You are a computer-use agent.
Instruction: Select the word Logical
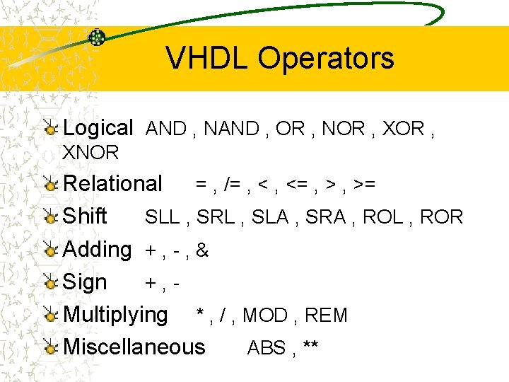coord(98,128)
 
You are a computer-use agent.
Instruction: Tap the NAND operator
coord(230,129)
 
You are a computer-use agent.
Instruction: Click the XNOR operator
coord(91,153)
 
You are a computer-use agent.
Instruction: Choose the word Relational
coord(112,184)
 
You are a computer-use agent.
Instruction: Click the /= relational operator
coord(231,185)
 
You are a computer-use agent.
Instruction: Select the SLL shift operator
coord(162,217)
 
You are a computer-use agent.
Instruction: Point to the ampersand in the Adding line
coord(203,250)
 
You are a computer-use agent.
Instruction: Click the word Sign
coord(85,282)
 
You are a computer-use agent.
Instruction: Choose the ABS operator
coord(266,348)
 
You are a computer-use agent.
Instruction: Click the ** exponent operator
coord(310,347)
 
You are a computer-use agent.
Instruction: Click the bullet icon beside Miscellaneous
coord(50,347)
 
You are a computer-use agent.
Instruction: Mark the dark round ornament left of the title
coord(97,37)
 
